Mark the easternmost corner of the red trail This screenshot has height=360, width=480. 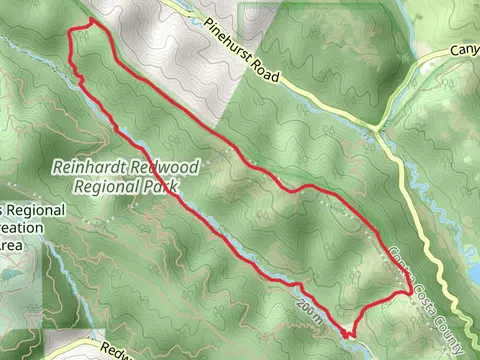point(413,291)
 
